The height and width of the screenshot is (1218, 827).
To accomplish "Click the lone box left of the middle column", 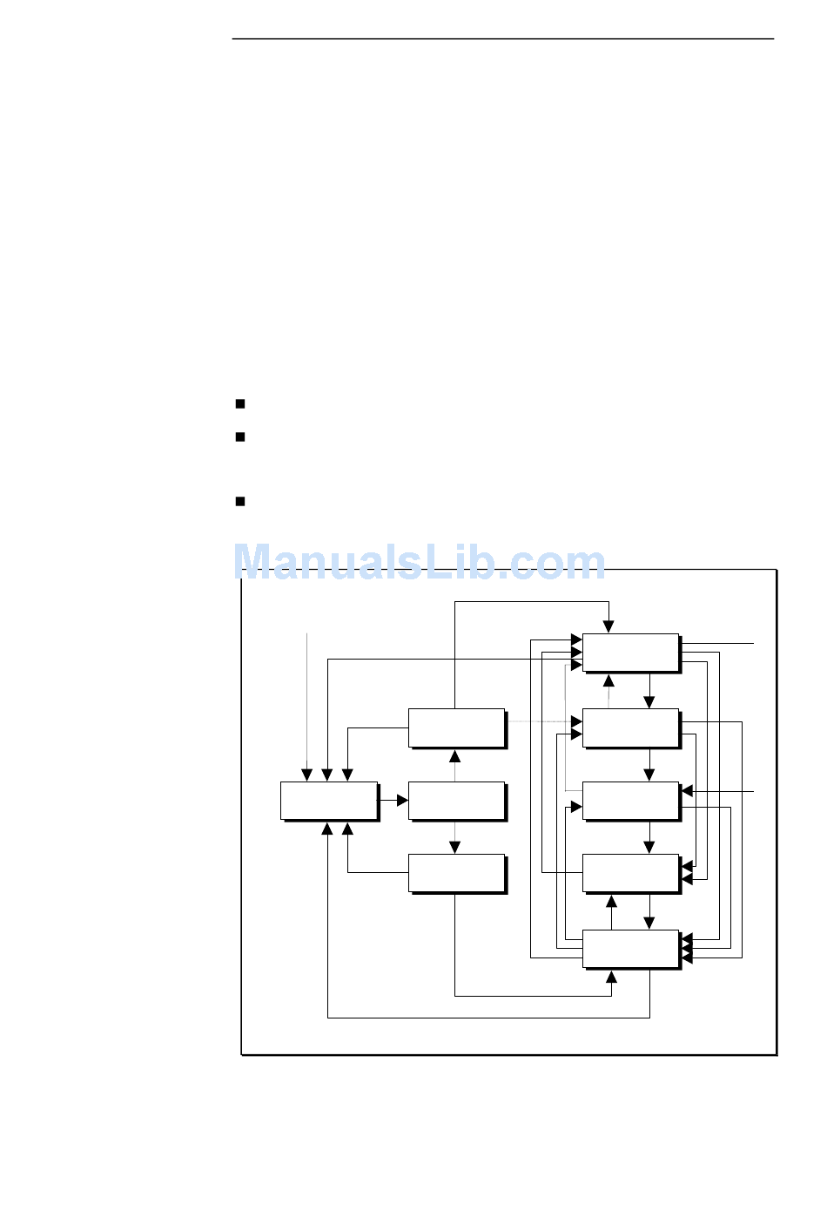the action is click(329, 801).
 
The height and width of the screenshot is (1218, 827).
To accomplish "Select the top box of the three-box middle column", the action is click(456, 727).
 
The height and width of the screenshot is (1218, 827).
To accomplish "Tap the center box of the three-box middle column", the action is click(456, 801).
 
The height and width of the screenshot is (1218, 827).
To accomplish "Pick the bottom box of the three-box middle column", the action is click(456, 873).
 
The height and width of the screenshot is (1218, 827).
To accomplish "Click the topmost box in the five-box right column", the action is click(630, 653).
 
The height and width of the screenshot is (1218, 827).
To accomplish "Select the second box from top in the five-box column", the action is click(630, 727).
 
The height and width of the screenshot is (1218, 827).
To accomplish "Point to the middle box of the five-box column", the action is click(630, 801).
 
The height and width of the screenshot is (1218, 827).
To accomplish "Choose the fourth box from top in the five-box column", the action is click(630, 873).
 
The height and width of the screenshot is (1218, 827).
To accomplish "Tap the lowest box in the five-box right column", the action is click(630, 949).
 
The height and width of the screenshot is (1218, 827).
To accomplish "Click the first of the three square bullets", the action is click(239, 403).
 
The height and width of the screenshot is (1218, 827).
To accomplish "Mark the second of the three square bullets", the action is click(239, 436).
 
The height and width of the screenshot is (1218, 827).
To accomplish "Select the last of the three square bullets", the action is click(239, 501).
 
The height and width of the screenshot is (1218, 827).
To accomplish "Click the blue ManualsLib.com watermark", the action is click(420, 562).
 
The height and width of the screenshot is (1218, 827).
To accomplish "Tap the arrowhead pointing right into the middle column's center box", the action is click(402, 800).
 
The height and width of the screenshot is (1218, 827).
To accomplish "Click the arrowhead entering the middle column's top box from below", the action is click(454, 755).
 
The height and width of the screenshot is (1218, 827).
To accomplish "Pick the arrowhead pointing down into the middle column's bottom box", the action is click(454, 848).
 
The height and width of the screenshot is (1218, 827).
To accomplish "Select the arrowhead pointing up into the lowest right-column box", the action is click(611, 977).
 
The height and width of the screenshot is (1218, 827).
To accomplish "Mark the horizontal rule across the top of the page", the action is click(502, 39).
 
